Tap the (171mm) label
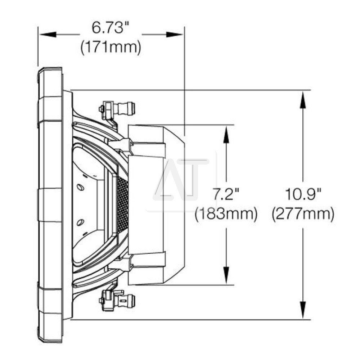click(111, 47)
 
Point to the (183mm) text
click(226, 214)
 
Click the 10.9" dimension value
click(303, 194)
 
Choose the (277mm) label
click(303, 214)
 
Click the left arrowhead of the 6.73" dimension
click(48, 35)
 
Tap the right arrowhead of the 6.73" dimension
click(175, 35)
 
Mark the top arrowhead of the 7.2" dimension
click(226, 134)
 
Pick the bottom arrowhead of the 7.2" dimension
click(226, 275)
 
